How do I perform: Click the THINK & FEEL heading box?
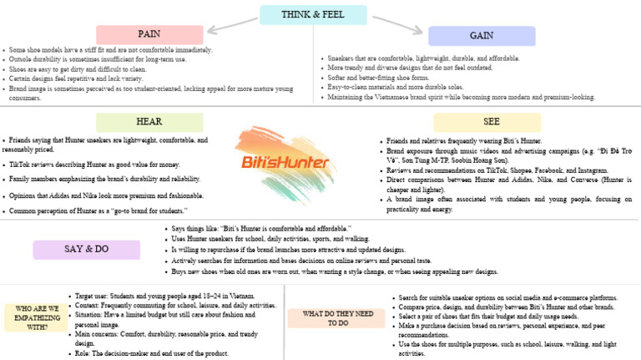pos(313,15)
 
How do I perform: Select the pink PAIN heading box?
pos(149,34)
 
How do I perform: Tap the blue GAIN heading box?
pos(481,36)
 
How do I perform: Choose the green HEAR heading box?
pos(149,122)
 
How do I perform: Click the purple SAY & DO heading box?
pos(86,250)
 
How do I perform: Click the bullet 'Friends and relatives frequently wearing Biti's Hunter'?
pos(464,141)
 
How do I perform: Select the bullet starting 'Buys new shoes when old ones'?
pos(334,271)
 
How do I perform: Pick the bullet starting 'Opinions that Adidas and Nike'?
pos(107,195)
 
